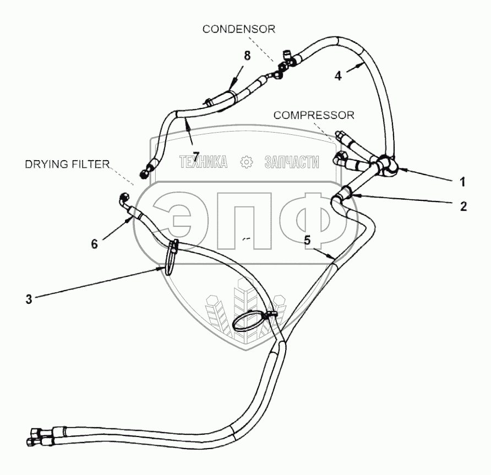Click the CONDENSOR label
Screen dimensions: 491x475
[x=238, y=29]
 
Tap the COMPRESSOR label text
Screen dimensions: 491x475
[x=314, y=115]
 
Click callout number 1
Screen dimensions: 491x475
[x=462, y=181]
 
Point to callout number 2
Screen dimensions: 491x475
[x=463, y=206]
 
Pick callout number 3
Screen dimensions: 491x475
[x=28, y=299]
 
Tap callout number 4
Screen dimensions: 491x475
[x=339, y=77]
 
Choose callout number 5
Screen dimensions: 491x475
[x=307, y=240]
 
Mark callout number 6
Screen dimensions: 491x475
[x=94, y=243]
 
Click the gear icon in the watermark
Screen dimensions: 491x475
[x=246, y=162]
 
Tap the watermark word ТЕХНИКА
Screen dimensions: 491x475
[x=203, y=162]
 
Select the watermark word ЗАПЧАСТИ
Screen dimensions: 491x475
[x=292, y=162]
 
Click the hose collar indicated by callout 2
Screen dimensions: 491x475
[x=345, y=193]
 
